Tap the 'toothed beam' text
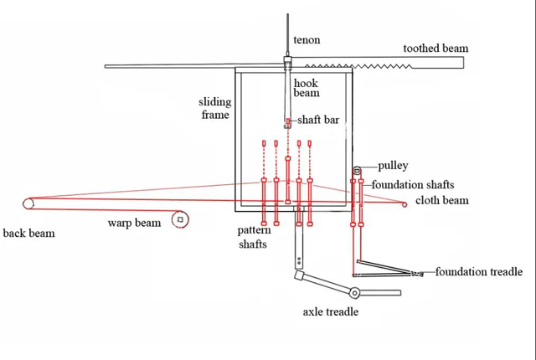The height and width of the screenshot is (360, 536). click(x=435, y=49)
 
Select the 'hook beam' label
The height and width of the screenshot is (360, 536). click(x=306, y=88)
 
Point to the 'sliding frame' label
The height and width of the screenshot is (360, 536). click(x=214, y=108)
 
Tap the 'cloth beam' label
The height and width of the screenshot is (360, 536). click(x=442, y=201)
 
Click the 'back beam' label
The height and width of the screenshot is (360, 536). click(x=28, y=233)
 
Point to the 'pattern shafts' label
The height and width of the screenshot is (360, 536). click(x=252, y=237)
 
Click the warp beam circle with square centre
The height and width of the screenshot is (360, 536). click(x=179, y=219)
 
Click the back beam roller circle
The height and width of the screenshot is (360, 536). click(x=28, y=203)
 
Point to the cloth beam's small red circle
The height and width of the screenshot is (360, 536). click(x=405, y=204)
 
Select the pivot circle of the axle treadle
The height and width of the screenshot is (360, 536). click(x=355, y=293)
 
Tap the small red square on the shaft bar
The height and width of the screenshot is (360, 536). click(x=287, y=122)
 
